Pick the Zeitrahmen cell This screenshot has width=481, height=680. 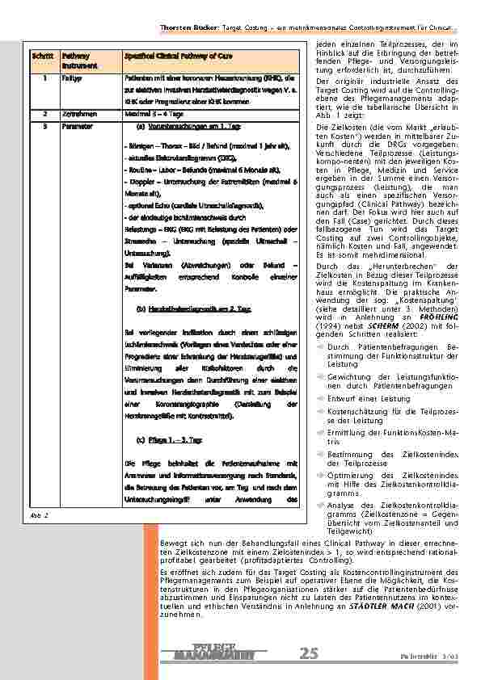[75, 114]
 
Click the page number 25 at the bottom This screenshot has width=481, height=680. [309, 653]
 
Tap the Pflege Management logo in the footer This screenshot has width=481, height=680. [213, 653]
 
